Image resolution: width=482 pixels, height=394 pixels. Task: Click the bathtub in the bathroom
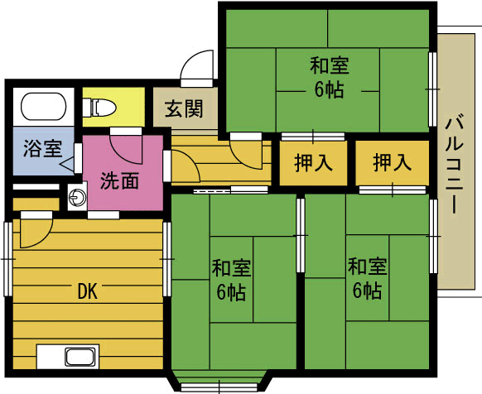pos(43,106)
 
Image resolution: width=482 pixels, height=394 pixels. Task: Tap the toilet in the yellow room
pos(99,108)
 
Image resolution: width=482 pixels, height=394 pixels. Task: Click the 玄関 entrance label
pos(184,108)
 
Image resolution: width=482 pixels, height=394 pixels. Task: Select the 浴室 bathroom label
pos(43,149)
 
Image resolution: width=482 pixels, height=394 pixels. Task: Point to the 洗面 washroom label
pos(120,180)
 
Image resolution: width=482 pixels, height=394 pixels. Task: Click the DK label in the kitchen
pos(88,291)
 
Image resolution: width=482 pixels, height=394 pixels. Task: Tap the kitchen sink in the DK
pos(80,358)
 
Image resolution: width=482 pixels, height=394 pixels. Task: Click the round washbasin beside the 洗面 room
pos(77,196)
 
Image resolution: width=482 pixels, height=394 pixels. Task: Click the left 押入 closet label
pos(313,162)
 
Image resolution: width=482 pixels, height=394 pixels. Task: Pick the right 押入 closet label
pos(393,162)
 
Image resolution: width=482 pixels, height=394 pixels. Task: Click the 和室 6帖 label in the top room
pos(329,77)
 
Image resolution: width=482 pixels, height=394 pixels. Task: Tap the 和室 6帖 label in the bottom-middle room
pos(231,280)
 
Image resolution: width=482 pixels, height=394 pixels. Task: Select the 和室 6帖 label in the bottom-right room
pos(367,278)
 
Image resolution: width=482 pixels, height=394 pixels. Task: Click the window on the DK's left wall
pos(8,259)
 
